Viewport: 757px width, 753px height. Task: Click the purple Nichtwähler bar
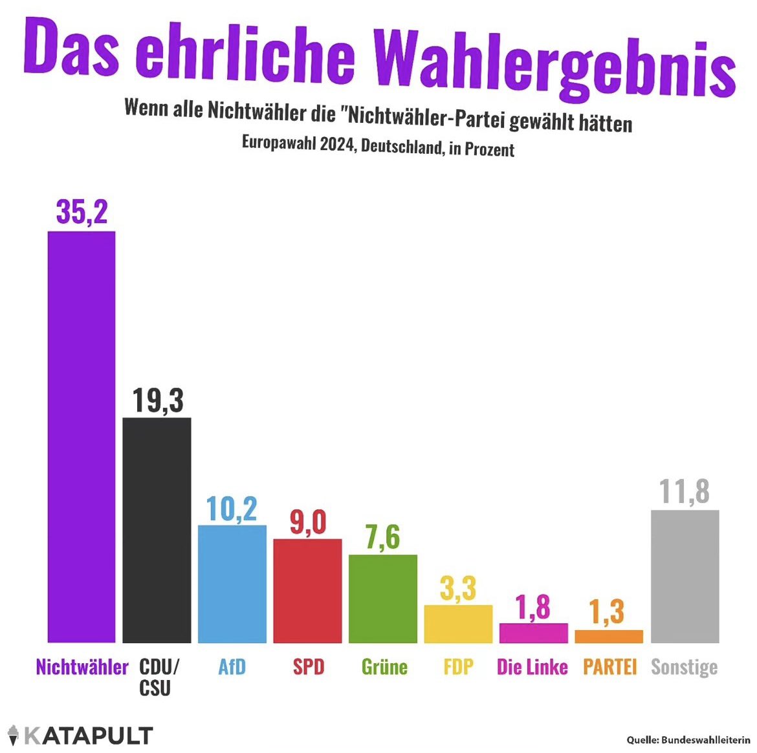pos(82,437)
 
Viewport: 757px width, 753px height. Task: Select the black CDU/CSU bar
pos(157,530)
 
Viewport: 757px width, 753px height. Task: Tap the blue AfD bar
pos(232,584)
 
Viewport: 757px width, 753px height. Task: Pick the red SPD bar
pos(307,591)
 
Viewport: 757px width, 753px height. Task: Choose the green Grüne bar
pos(382,599)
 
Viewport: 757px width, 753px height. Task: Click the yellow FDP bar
pos(458,624)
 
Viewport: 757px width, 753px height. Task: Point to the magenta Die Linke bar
pos(533,633)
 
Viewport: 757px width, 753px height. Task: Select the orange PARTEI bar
pos(609,636)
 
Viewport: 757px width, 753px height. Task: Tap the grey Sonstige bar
pos(685,576)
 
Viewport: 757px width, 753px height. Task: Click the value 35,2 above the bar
pos(82,212)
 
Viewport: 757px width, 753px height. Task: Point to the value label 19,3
pos(158,400)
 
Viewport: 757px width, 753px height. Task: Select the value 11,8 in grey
pos(685,492)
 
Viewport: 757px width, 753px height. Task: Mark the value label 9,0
pos(307,522)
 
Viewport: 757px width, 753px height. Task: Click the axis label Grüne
pos(384,667)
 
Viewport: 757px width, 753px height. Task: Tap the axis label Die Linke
pos(532,667)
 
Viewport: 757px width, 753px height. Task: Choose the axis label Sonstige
pos(684,667)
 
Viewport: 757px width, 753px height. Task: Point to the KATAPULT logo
pos(80,735)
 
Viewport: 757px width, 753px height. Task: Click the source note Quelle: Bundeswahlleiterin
pos(688,739)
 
